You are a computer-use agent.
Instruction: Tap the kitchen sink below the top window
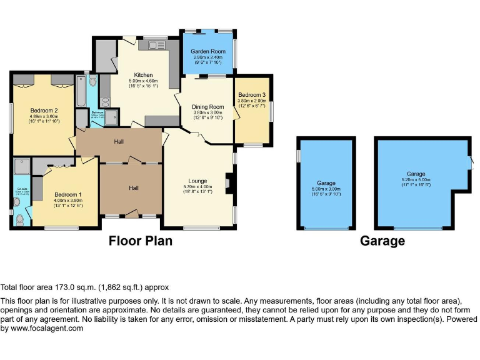tap(155, 46)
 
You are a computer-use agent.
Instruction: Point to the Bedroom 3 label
tap(251, 95)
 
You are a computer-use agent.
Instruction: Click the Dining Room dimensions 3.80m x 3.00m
tap(207, 112)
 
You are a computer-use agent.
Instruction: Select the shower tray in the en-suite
tap(22, 167)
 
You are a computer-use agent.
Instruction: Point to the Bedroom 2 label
tap(44, 110)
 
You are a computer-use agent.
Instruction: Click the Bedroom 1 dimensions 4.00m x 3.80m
tap(68, 200)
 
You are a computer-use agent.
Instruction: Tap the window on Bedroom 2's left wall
tap(11, 117)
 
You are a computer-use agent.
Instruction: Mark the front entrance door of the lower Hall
tap(131, 214)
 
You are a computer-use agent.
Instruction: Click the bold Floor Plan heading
tap(141, 240)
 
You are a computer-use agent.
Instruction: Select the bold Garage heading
tap(382, 241)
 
